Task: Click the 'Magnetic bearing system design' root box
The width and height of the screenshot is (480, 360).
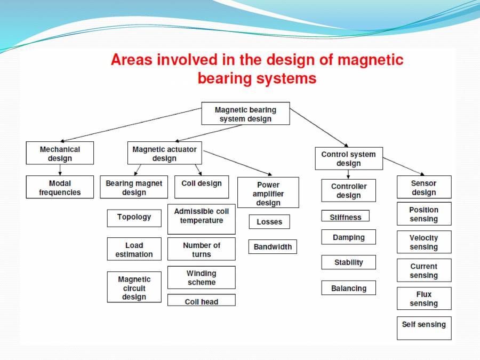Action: tap(245, 114)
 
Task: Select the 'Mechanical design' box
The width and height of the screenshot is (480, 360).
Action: tap(60, 153)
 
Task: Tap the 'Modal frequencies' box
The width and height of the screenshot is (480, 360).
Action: tap(60, 187)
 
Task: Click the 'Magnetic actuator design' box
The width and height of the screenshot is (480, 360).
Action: tap(164, 153)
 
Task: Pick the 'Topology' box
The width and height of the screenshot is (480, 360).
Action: tap(134, 218)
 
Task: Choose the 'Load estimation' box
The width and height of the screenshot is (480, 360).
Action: tap(134, 250)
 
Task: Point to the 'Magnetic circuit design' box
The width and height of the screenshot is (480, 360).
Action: tap(134, 287)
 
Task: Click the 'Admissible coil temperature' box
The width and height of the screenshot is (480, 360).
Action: tap(201, 219)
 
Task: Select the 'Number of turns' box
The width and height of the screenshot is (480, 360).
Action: tap(201, 249)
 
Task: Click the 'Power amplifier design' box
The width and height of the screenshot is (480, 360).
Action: tap(268, 193)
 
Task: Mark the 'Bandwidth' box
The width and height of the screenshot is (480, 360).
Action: tap(273, 247)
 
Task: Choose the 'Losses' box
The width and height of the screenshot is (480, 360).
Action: tap(269, 222)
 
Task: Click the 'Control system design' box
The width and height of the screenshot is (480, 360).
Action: tap(348, 158)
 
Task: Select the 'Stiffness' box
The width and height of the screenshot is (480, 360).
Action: tap(345, 217)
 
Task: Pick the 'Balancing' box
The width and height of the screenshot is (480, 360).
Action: tap(348, 288)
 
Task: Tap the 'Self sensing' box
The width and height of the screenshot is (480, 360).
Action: tap(424, 328)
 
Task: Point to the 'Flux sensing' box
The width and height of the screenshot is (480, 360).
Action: tap(424, 299)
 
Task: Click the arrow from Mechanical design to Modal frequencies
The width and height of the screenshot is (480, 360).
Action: tap(60, 170)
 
